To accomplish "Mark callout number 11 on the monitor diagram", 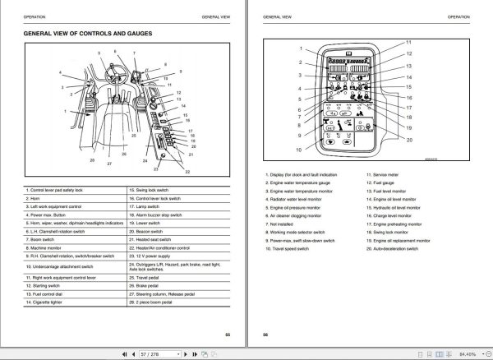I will tap(408, 42).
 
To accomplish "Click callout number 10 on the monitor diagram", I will tap(297, 150).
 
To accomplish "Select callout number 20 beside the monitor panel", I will tap(408, 140).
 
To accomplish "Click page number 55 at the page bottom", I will tap(228, 334).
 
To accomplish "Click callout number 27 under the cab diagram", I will tap(108, 164).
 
